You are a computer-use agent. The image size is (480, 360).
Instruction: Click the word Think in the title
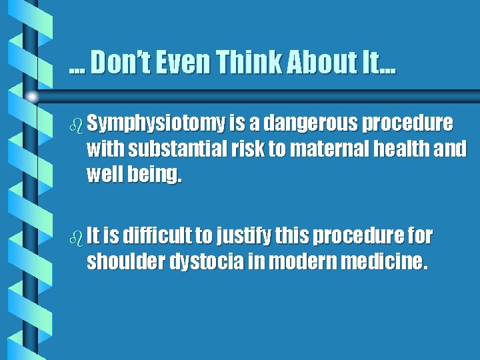click(245, 63)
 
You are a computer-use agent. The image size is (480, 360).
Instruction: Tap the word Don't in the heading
click(119, 63)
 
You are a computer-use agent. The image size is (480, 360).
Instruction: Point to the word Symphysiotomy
click(155, 125)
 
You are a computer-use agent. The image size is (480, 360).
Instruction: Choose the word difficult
click(164, 235)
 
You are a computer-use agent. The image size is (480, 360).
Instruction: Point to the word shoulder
click(126, 262)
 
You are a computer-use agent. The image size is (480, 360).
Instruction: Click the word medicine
click(383, 262)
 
